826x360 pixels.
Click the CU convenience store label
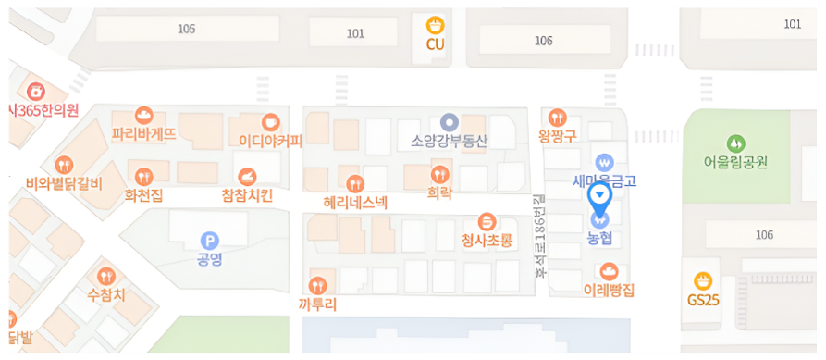coord(436,43)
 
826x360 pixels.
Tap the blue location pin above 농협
coord(599,197)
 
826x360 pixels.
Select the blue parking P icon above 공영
coord(210,240)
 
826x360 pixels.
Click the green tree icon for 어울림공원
coord(735,143)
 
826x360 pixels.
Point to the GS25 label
coord(703,300)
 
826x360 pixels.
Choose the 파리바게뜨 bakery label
coord(143,133)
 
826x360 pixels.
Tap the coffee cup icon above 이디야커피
coord(270,121)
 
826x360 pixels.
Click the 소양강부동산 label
coord(449,141)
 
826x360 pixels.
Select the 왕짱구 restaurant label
coord(557,136)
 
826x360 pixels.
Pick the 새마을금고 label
coord(605,180)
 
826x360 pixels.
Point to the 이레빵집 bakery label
coord(609,290)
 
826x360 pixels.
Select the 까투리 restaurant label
coord(318,303)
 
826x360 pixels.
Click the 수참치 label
coord(105,295)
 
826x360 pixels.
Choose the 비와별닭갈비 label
coord(64,181)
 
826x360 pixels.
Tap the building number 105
coord(187,29)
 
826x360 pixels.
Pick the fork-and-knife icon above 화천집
coord(143,176)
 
